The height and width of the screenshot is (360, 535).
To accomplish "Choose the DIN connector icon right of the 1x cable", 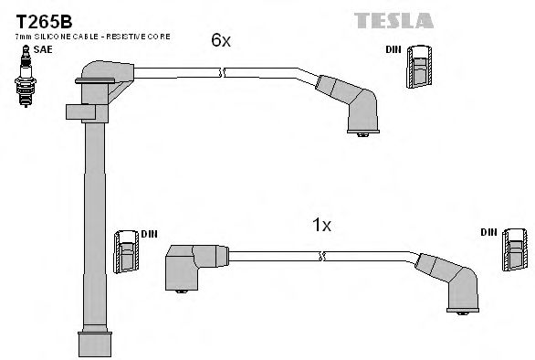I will coord(514,248).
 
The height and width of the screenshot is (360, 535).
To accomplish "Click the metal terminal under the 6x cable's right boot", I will coord(362,136).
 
